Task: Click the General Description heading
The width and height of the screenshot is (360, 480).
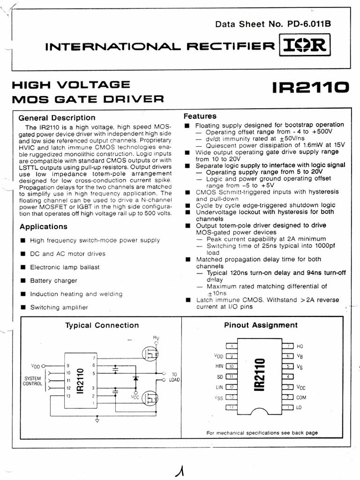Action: (x=56, y=118)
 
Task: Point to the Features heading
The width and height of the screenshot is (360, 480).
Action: (x=200, y=116)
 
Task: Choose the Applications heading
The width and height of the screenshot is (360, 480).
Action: (x=44, y=226)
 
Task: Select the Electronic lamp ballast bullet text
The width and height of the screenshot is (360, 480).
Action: (x=65, y=267)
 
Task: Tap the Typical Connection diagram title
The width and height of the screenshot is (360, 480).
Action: (x=102, y=325)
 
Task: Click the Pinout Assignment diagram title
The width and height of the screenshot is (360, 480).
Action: (x=261, y=325)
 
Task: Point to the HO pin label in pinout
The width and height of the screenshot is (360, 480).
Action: (x=300, y=346)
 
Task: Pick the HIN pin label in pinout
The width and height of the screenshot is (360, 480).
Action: (x=217, y=366)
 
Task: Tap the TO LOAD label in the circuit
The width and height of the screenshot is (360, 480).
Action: (x=174, y=377)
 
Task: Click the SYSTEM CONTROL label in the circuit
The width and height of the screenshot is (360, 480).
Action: (x=32, y=381)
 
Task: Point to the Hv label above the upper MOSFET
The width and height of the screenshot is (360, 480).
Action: (x=156, y=337)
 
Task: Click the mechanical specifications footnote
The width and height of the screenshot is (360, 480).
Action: (x=262, y=433)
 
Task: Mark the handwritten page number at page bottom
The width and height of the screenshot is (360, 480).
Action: (x=179, y=466)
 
